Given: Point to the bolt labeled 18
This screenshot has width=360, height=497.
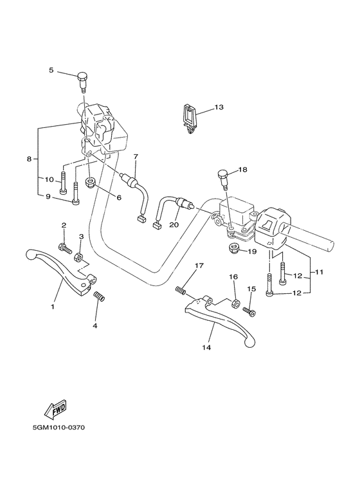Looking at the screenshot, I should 223,176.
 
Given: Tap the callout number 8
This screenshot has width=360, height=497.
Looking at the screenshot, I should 29,158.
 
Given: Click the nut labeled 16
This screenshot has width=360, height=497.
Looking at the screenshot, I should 236,302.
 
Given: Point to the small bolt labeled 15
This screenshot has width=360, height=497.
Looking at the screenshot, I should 249,311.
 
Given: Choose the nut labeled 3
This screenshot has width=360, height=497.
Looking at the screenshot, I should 80,258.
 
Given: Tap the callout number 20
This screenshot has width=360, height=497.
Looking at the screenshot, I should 173,225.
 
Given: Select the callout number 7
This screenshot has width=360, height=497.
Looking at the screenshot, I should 136,157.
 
